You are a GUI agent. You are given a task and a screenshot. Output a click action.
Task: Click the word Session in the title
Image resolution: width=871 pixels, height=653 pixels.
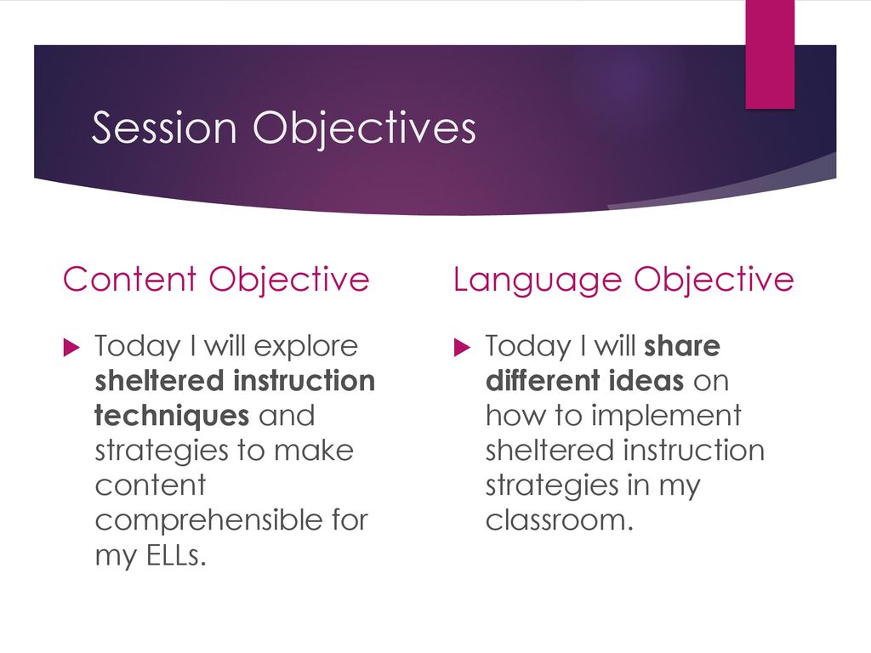pyautogui.click(x=164, y=128)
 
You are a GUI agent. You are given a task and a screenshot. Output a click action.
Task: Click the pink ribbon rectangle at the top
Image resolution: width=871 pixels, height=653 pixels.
pyautogui.click(x=769, y=54)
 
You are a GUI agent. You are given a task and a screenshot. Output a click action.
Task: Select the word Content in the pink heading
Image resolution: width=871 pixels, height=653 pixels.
pyautogui.click(x=129, y=279)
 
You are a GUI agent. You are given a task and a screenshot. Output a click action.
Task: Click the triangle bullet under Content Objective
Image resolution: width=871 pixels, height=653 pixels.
pyautogui.click(x=72, y=348)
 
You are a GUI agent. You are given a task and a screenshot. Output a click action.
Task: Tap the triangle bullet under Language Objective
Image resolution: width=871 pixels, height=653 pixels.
pyautogui.click(x=462, y=348)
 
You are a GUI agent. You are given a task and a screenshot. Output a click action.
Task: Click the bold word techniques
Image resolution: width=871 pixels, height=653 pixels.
pyautogui.click(x=172, y=417)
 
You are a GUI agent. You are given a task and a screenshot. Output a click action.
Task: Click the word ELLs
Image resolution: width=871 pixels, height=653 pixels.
pyautogui.click(x=176, y=554)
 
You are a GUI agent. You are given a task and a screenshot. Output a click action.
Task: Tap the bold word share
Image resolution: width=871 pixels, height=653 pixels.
pyautogui.click(x=682, y=347)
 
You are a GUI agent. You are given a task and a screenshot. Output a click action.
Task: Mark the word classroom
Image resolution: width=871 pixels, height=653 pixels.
pyautogui.click(x=560, y=521)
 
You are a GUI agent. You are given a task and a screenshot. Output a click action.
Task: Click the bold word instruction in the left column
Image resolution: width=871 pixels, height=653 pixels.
pyautogui.click(x=305, y=381)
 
